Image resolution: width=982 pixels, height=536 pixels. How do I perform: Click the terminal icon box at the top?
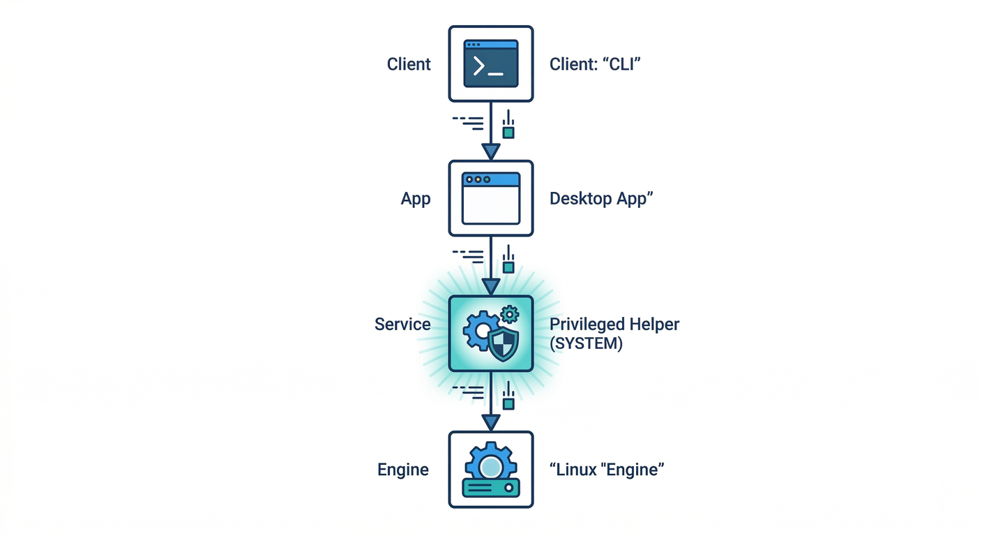click(x=490, y=64)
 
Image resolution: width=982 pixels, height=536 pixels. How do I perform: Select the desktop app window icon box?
click(x=490, y=198)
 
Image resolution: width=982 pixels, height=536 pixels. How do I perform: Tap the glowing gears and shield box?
click(x=490, y=333)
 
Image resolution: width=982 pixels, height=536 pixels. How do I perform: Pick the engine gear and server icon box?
click(x=490, y=468)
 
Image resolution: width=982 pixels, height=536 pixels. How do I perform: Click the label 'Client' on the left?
click(x=409, y=64)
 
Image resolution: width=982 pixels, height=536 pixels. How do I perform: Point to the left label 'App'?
click(x=416, y=199)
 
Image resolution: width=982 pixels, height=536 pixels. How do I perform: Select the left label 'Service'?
click(x=402, y=325)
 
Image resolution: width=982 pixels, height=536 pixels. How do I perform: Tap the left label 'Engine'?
click(x=403, y=470)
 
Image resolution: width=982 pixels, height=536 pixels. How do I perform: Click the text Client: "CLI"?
click(x=595, y=64)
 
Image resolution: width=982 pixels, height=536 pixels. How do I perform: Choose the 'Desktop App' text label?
click(x=601, y=199)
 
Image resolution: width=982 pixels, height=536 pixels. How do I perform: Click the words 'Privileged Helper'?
click(x=614, y=325)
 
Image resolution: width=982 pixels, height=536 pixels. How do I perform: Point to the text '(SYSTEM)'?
click(x=586, y=343)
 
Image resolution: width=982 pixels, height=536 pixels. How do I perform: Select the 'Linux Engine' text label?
click(x=606, y=470)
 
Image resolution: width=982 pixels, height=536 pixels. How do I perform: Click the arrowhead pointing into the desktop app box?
click(x=491, y=151)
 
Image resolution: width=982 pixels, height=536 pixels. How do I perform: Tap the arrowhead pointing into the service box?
click(x=491, y=286)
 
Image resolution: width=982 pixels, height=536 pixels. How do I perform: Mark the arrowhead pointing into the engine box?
click(x=491, y=422)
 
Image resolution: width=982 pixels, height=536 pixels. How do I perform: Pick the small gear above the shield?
click(x=511, y=314)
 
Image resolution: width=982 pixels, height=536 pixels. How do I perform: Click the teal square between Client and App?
click(x=508, y=132)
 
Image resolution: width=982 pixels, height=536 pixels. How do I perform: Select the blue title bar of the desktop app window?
click(x=491, y=179)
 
